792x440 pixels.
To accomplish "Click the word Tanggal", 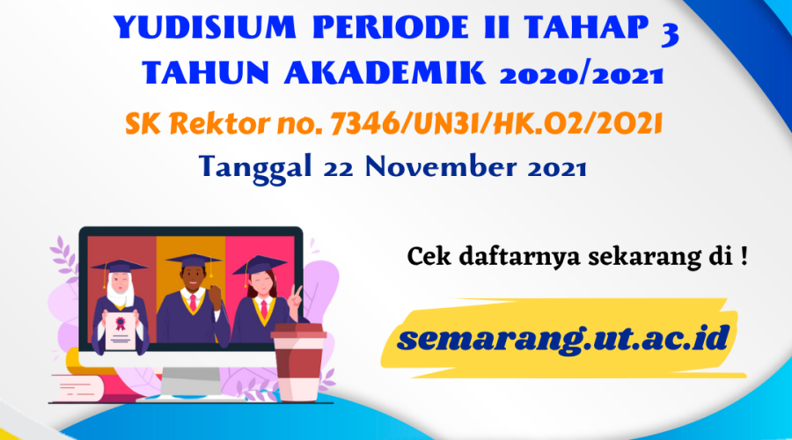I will pos(250,165).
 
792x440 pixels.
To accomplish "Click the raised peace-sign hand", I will pos(297,293).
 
